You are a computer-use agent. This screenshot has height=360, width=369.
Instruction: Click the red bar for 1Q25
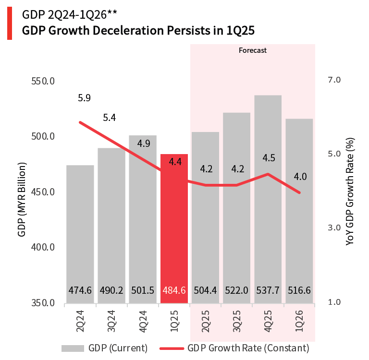click(174, 230)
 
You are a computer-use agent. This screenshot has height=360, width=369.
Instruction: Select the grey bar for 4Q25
click(268, 202)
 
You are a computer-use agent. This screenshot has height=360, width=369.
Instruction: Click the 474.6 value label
click(80, 290)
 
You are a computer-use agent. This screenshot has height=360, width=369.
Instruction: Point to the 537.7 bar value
click(268, 290)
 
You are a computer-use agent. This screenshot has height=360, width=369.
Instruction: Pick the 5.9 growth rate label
click(84, 98)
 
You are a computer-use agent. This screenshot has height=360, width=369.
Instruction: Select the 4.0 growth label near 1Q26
click(300, 177)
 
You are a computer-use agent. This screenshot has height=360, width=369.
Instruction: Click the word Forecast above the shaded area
click(253, 50)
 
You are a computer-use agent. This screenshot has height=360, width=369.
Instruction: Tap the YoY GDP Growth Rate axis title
click(350, 192)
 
